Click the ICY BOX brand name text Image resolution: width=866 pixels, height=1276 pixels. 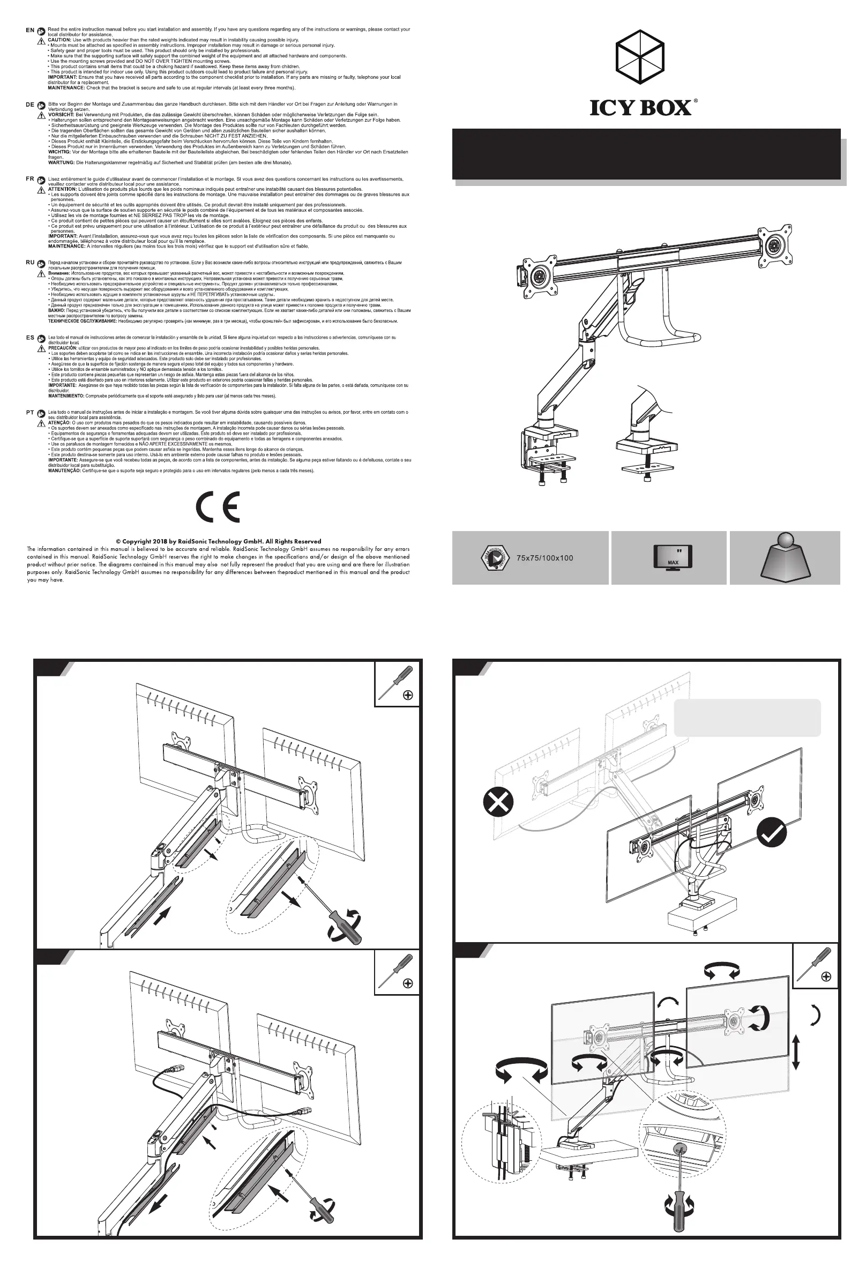640,108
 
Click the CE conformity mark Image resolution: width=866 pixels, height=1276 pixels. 218,508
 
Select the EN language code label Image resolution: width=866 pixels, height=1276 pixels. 30,30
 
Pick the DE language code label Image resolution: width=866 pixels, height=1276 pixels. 30,105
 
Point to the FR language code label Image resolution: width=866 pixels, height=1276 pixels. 30,179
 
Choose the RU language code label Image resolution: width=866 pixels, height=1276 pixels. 30,263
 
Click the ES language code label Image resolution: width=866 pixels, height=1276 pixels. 30,338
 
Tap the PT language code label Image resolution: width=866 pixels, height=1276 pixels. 30,412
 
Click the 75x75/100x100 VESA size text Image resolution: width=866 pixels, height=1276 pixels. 544,558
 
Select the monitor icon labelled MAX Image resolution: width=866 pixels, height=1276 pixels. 673,557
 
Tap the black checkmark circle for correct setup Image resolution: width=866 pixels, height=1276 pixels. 772,832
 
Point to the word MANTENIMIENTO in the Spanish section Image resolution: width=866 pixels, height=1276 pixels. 66,396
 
